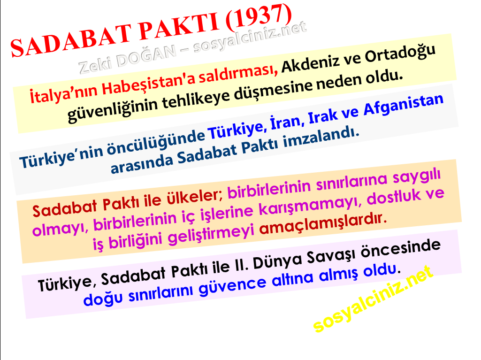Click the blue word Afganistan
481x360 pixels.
tap(404, 105)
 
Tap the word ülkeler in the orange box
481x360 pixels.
tap(194, 198)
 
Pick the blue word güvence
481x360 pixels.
tap(233, 285)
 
